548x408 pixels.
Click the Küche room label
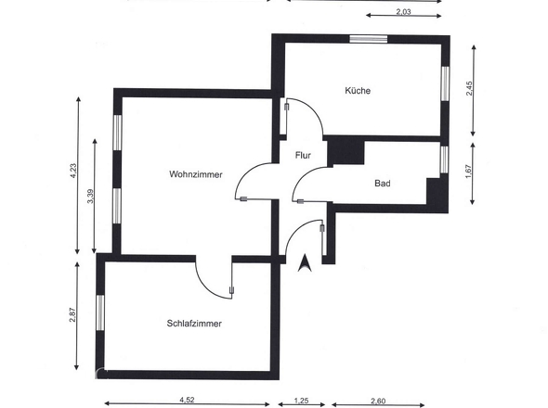(358, 91)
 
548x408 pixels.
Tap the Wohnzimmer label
(195, 174)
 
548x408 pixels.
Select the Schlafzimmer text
(193, 323)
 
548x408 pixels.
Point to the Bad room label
(382, 184)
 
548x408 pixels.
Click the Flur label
(303, 156)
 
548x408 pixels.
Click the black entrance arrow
(303, 263)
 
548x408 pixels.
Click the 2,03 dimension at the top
(403, 12)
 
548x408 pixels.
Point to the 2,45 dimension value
(471, 88)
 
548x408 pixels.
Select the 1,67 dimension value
(471, 172)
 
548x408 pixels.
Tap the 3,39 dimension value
(91, 197)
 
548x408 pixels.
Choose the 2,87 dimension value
(72, 315)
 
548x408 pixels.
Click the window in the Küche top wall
(368, 38)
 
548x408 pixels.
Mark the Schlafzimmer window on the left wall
(100, 314)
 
